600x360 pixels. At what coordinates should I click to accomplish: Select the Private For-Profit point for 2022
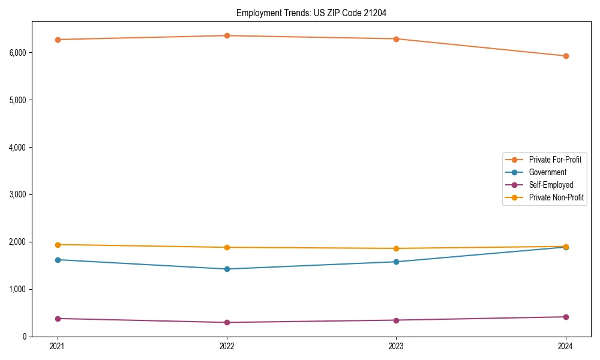(227, 35)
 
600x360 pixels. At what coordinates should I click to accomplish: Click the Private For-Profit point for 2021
(58, 40)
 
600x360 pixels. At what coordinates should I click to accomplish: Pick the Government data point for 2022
(227, 269)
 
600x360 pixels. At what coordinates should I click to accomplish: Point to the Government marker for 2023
(397, 262)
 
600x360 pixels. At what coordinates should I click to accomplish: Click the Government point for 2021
(58, 260)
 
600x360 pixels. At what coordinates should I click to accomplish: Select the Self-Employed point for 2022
(227, 322)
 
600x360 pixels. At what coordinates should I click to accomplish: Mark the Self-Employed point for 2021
(58, 319)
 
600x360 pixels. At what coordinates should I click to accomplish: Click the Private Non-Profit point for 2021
(58, 245)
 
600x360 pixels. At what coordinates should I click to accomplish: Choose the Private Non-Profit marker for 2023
(397, 248)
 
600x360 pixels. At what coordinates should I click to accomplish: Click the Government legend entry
(547, 172)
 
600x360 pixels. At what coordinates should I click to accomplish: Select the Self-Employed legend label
(551, 185)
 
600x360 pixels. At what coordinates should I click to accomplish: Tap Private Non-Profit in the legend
(556, 197)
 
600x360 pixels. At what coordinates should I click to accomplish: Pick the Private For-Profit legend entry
(555, 160)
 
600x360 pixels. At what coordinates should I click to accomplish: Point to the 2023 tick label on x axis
(397, 346)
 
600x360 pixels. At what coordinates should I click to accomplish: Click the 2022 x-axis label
(227, 346)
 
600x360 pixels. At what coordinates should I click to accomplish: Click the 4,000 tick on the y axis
(18, 147)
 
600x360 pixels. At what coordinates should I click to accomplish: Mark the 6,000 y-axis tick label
(18, 52)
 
